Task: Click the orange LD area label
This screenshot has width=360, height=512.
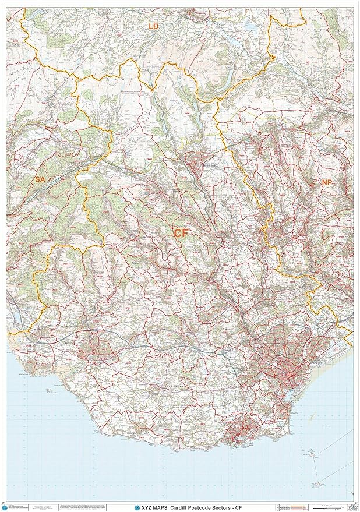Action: [153, 27]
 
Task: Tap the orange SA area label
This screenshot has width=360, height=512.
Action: [40, 179]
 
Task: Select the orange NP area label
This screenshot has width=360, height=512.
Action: [327, 182]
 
